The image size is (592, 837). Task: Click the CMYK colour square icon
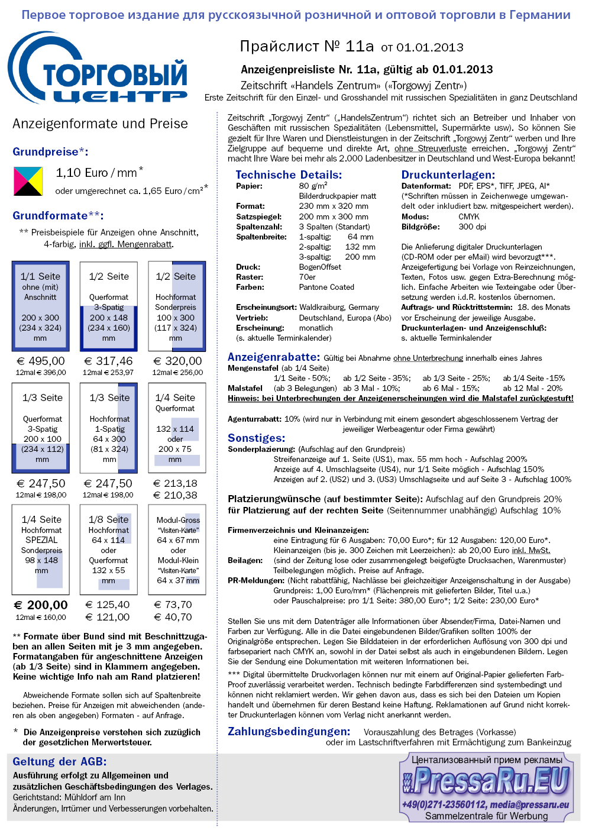coord(28,181)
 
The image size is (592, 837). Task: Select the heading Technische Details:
coord(289,174)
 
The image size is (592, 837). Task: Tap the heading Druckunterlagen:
coord(448,174)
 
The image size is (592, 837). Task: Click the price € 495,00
coord(41,361)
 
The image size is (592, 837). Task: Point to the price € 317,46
coord(109,361)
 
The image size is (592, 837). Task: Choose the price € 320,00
coord(177,361)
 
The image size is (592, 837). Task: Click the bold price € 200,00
coord(41,605)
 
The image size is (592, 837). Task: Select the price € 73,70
coord(173,605)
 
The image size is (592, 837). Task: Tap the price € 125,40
coord(108,605)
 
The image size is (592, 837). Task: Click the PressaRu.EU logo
coord(486,781)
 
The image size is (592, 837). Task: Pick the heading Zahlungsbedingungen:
coord(289,731)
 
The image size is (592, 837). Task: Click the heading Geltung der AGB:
coord(60,761)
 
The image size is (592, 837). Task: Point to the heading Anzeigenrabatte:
coord(274,357)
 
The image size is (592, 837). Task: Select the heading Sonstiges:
coord(257,438)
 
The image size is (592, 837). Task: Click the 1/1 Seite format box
coord(40,306)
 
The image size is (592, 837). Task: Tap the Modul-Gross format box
coord(177,550)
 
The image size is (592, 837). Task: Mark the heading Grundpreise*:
coord(50,151)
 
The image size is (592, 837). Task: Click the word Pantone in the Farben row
coord(313,287)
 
